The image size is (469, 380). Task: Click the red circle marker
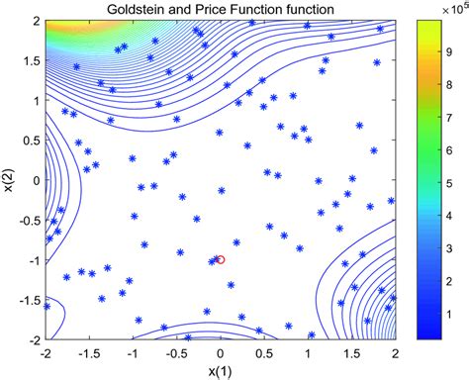tap(220, 260)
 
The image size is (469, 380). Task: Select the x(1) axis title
tap(221, 370)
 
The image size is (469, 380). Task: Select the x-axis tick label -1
tap(132, 352)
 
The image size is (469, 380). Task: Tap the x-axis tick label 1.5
tap(351, 352)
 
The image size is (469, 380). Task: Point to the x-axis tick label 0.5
tap(264, 352)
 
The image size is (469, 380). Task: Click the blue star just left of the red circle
tap(213, 261)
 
